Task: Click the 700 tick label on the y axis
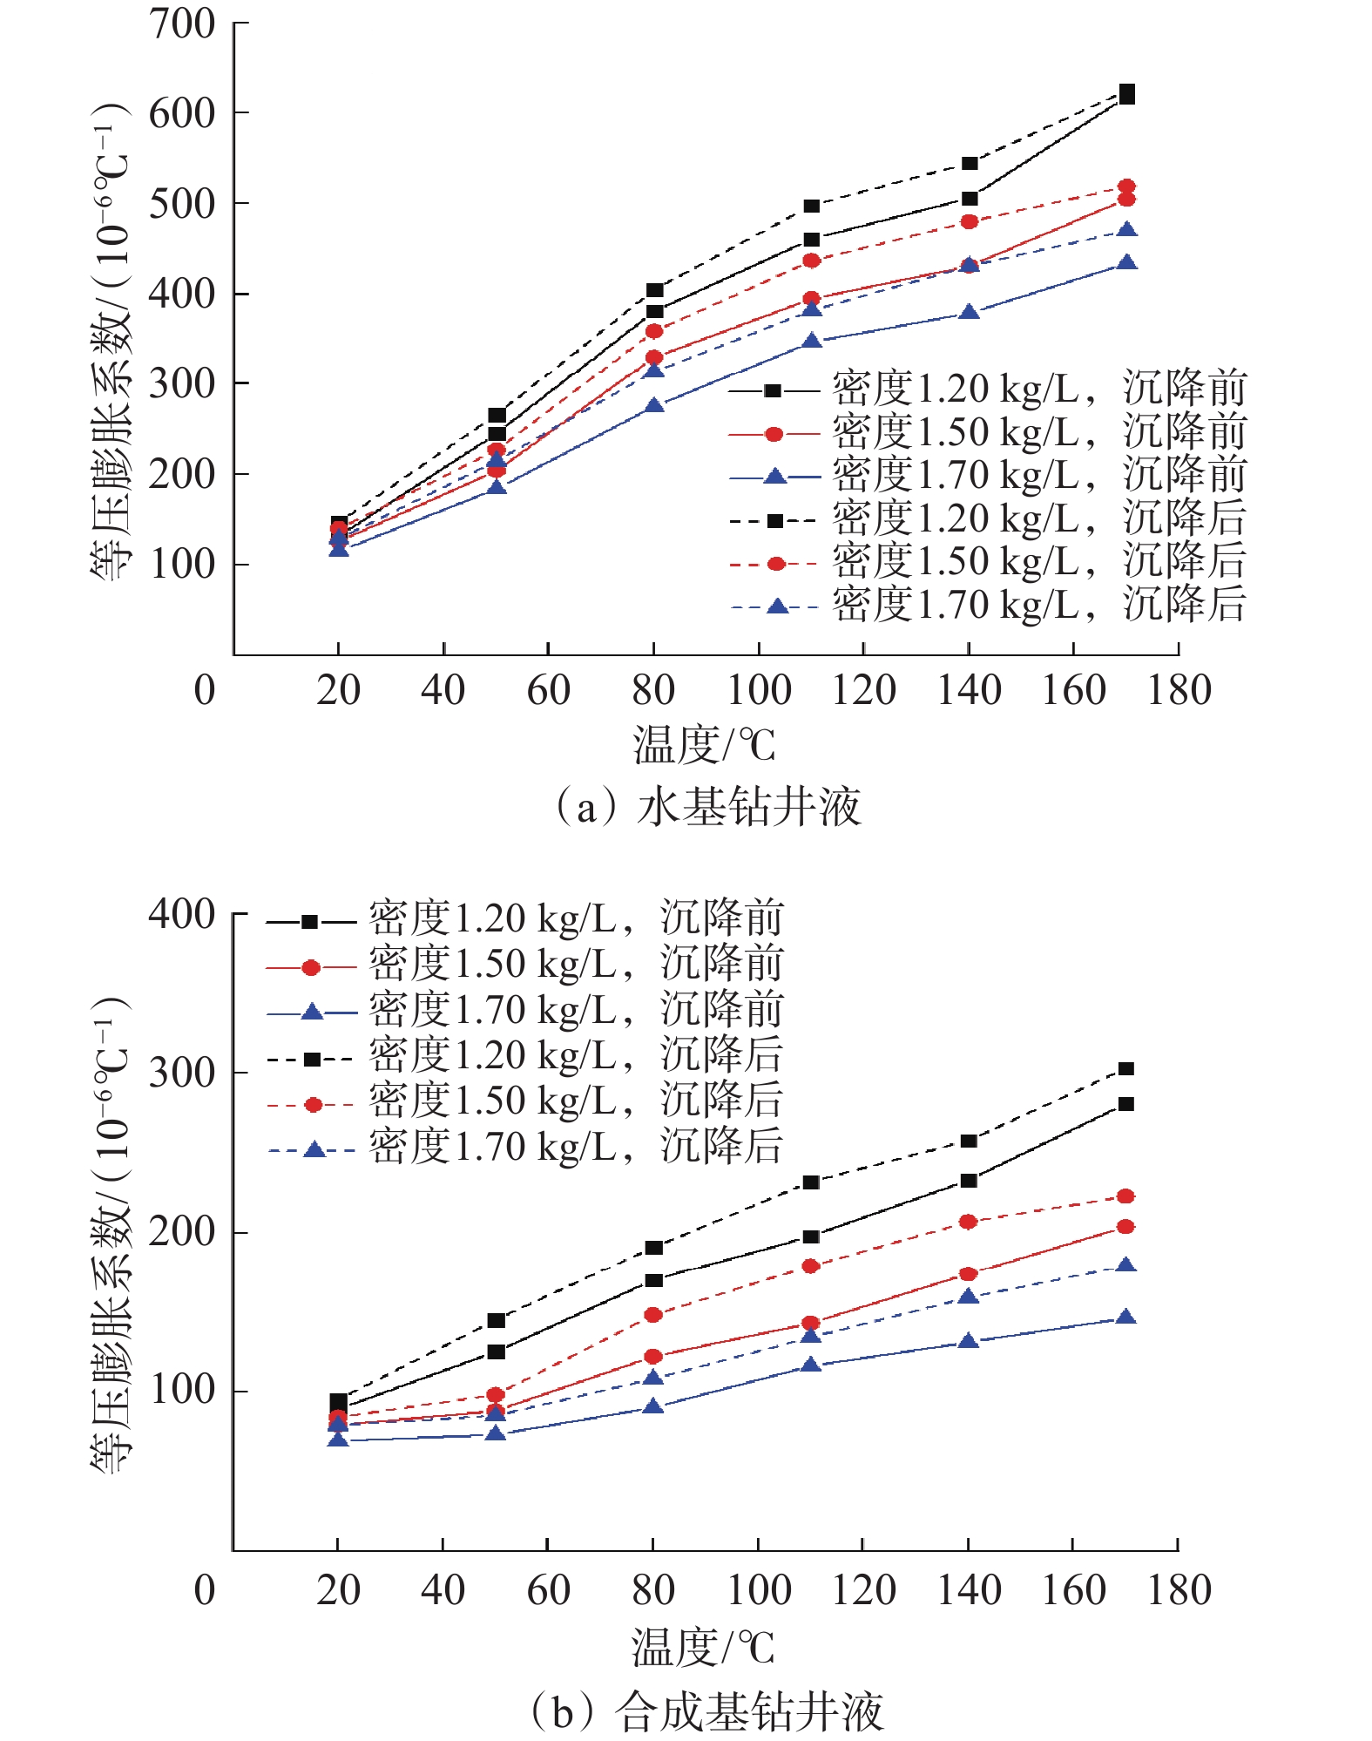pyautogui.click(x=181, y=24)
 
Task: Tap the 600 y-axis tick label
pyautogui.click(x=181, y=113)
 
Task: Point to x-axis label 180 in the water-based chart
pyautogui.click(x=1179, y=690)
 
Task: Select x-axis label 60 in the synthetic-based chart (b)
pyautogui.click(x=548, y=1590)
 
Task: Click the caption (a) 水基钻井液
pyautogui.click(x=707, y=806)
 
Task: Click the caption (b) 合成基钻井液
pyautogui.click(x=707, y=1711)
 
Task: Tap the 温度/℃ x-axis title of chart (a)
pyautogui.click(x=704, y=746)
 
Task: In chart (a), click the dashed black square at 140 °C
pyautogui.click(x=970, y=164)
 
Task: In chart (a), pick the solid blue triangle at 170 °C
pyautogui.click(x=1126, y=263)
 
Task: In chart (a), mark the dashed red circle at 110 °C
pyautogui.click(x=812, y=261)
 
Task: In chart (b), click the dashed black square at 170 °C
pyautogui.click(x=1126, y=1068)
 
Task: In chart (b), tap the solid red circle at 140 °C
pyautogui.click(x=968, y=1274)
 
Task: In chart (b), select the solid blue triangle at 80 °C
pyautogui.click(x=653, y=1406)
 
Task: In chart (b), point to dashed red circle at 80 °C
pyautogui.click(x=653, y=1315)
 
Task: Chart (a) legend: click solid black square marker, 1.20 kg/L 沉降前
pyautogui.click(x=773, y=391)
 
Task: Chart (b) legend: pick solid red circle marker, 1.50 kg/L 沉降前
pyautogui.click(x=311, y=967)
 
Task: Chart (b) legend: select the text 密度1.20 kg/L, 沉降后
pyautogui.click(x=575, y=1055)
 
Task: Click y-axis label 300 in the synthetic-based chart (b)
pyautogui.click(x=181, y=1073)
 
